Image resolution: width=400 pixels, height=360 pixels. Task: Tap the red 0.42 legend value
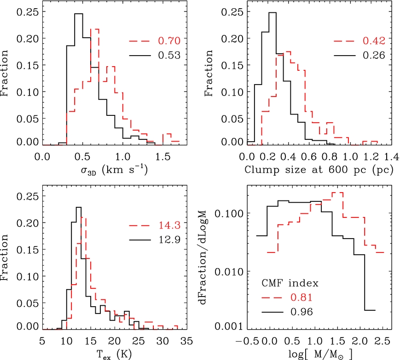coord(375,42)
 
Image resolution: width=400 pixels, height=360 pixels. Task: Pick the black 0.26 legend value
coord(375,57)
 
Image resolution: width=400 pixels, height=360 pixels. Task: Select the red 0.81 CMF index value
coord(301,297)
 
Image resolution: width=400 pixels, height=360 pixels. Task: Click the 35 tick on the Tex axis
coord(177,340)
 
